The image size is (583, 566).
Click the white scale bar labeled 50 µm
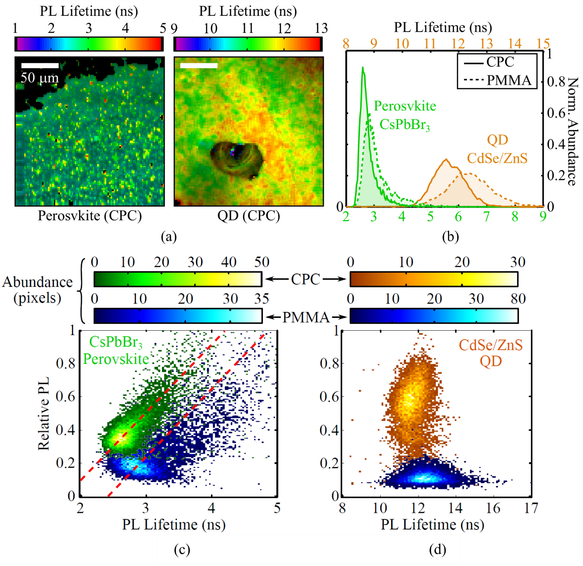pos(40,65)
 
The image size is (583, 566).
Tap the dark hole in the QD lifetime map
pos(235,158)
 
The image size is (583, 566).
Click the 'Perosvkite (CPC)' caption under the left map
pos(90,216)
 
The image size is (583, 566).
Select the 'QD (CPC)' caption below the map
pos(248,216)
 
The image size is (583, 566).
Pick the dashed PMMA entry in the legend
pos(497,80)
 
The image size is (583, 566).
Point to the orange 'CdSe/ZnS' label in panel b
pos(497,158)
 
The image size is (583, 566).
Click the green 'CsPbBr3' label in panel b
pos(404,125)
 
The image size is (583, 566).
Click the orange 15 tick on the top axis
pos(543,44)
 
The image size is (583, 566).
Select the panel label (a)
pos(169,237)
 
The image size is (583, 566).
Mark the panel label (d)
pos(437,550)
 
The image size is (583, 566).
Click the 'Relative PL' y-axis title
pos(43,413)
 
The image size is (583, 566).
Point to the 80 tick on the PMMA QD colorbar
pos(518,299)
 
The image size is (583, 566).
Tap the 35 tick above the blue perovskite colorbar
pos(261,299)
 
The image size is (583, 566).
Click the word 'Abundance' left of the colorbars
pos(37,282)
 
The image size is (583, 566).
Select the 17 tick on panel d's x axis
pos(531,508)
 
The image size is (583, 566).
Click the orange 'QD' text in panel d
pos(490,361)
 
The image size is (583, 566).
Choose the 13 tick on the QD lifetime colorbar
pos(321,28)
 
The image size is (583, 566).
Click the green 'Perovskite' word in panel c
pos(116,359)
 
